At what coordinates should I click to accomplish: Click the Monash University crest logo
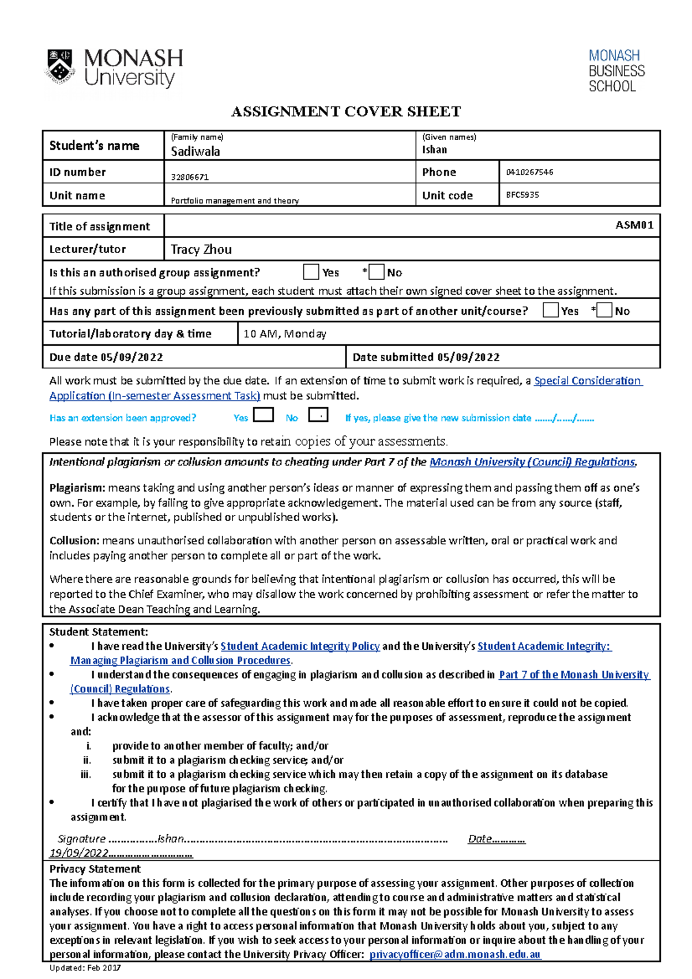[x=60, y=67]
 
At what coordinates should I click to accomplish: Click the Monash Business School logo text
[x=616, y=71]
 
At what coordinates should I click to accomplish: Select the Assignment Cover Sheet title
[x=346, y=111]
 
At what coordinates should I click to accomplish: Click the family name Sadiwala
[x=195, y=152]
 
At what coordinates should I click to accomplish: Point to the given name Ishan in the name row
[x=434, y=150]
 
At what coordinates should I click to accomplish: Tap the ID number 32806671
[x=190, y=177]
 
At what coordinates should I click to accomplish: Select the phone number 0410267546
[x=529, y=172]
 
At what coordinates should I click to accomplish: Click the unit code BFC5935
[x=522, y=195]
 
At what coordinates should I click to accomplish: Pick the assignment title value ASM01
[x=634, y=225]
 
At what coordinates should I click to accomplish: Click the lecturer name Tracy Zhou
[x=201, y=250]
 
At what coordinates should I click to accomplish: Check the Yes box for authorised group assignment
[x=311, y=272]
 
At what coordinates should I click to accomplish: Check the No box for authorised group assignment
[x=377, y=272]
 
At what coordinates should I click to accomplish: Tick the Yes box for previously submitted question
[x=551, y=310]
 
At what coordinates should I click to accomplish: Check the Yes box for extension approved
[x=264, y=415]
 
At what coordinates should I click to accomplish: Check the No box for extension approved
[x=318, y=415]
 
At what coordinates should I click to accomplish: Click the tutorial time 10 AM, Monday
[x=285, y=334]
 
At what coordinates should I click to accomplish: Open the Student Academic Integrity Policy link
[x=300, y=646]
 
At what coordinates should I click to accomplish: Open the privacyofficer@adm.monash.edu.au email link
[x=455, y=954]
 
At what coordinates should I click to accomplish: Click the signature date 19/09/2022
[x=79, y=853]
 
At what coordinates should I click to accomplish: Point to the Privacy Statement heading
[x=95, y=869]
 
